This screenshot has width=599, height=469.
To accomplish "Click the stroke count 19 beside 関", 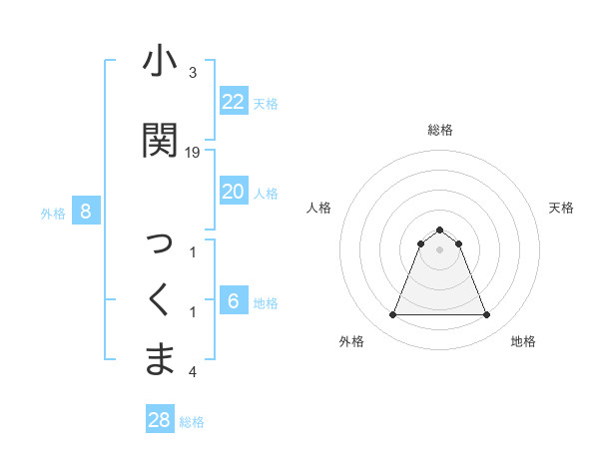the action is tap(193, 152).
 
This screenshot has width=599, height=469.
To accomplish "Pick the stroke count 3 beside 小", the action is tap(193, 73).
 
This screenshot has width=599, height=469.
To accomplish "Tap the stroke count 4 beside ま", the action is tap(193, 372).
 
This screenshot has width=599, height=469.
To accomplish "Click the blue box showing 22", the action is tap(233, 102).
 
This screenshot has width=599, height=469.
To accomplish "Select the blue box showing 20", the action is tap(233, 192).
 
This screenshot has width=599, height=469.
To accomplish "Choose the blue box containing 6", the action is tap(233, 301).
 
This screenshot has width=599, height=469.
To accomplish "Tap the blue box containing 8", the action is tap(86, 211).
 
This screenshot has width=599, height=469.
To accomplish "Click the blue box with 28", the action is tap(159, 420).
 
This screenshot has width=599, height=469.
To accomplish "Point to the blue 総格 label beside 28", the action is tap(192, 422).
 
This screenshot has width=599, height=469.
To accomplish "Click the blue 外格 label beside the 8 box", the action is tap(53, 213).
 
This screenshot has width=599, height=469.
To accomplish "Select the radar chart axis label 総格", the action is tap(440, 130).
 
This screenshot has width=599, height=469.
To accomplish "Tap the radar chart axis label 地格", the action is tap(523, 341).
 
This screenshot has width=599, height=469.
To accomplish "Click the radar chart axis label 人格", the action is tap(319, 208).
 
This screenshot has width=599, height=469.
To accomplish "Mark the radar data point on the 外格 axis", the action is tap(392, 315).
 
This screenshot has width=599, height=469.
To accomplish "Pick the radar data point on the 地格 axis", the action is tap(487, 315).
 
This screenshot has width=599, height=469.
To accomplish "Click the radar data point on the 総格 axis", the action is tap(440, 230).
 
